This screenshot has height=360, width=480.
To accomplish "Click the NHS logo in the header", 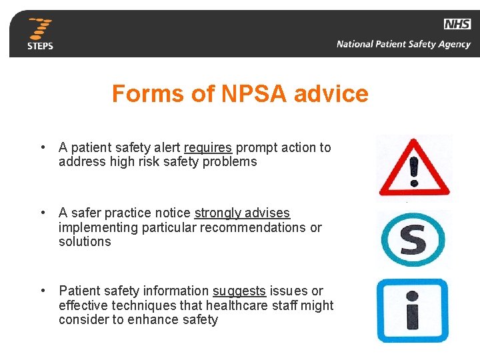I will point(457,25).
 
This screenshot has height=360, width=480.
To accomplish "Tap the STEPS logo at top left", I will point(40,33).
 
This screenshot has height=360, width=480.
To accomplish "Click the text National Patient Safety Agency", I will point(403,45).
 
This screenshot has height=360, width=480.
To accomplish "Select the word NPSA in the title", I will point(245,94).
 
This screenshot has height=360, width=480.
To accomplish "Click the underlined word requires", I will point(208,147).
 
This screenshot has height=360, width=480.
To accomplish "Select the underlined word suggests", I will point(239,291).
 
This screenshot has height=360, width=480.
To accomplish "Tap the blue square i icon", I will point(413,310).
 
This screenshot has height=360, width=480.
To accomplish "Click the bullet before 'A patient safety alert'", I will point(42,147).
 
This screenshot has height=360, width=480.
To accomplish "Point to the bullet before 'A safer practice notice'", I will point(42,213).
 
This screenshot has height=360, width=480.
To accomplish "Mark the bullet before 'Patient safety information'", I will point(42,291).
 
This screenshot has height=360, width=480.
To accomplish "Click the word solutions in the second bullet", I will point(85,241).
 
